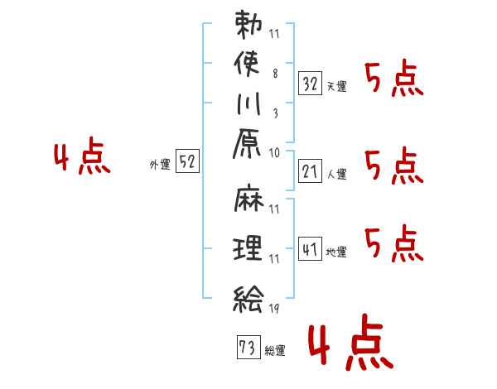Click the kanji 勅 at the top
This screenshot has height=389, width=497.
248,25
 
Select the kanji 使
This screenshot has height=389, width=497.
247,64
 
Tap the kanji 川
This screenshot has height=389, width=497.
248,103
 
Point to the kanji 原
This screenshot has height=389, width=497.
247,143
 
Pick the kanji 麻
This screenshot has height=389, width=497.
248,198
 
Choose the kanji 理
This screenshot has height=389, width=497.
248,247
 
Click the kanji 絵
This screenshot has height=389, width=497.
248,299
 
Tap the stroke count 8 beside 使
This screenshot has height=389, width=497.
275,74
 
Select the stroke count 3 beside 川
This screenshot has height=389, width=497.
276,113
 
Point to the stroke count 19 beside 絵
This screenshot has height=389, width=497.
274,308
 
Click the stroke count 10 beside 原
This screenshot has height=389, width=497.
274,153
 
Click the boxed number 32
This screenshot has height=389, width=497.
310,84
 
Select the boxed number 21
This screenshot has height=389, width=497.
310,171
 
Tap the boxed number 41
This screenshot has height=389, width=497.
310,248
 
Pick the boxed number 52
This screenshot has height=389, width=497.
187,161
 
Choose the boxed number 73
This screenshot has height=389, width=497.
248,347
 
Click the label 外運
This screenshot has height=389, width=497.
160,165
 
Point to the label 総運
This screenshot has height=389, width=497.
275,351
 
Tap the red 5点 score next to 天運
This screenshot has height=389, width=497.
394,79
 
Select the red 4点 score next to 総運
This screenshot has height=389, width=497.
350,342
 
